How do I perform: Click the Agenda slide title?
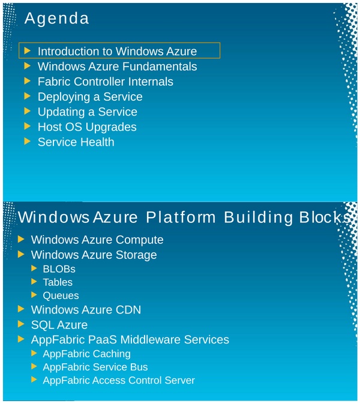(56, 19)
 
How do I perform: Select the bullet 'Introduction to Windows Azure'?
(117, 52)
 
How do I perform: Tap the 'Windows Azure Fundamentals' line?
(117, 67)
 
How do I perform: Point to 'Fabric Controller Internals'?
(105, 82)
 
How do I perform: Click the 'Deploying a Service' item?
(90, 97)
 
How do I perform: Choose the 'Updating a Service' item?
(87, 112)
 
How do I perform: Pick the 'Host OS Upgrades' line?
(87, 127)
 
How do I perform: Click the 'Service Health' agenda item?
(76, 142)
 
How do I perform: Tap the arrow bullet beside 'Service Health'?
(26, 141)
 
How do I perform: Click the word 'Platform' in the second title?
(182, 217)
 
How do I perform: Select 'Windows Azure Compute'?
(97, 240)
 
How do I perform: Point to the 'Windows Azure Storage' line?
(94, 255)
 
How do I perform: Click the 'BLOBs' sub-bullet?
(59, 269)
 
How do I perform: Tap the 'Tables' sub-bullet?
(58, 282)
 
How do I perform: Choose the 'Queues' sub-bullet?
(61, 296)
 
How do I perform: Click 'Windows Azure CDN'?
(86, 310)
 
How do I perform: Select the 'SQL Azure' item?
(59, 325)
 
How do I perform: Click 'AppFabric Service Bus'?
(95, 367)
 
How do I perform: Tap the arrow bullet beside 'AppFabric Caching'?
(34, 353)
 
